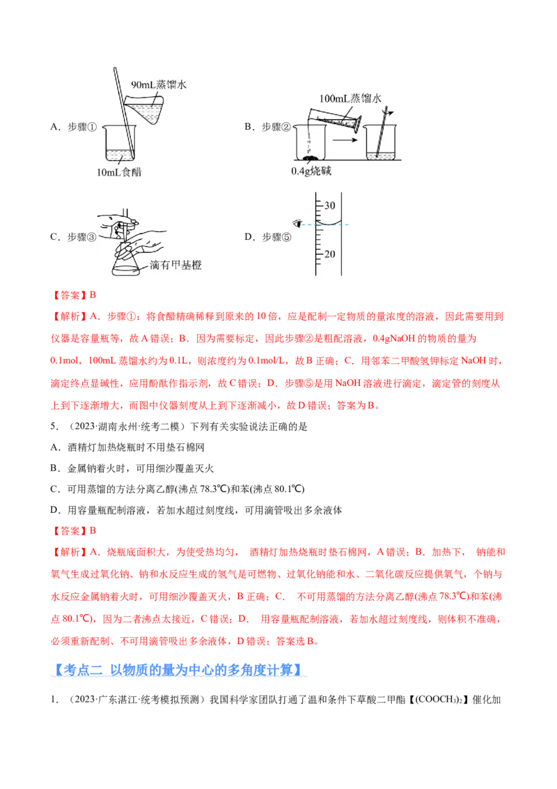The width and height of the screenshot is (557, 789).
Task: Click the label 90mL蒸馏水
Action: point(159,84)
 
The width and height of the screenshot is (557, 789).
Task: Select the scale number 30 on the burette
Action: point(329,205)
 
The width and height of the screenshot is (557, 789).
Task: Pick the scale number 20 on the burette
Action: point(329,254)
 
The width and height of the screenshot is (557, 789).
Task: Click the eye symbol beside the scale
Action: point(298,224)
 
